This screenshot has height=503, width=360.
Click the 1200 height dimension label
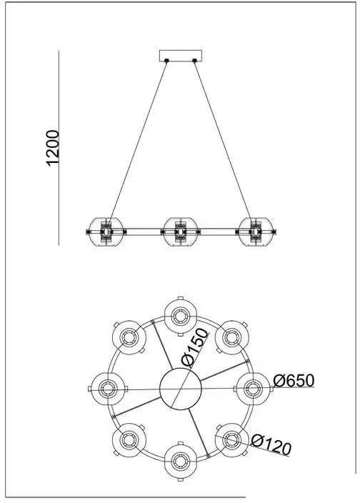(x=53, y=148)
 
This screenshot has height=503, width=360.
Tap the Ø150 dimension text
(x=194, y=347)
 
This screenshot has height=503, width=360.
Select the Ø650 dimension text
(x=294, y=381)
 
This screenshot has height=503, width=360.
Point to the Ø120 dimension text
(x=271, y=444)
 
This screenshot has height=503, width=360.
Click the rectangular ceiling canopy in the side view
(x=181, y=56)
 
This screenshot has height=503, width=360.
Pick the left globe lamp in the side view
(x=106, y=231)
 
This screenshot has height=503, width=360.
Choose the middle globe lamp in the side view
(x=181, y=231)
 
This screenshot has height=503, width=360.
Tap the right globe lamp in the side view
(x=255, y=231)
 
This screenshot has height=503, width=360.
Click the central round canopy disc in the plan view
(x=181, y=389)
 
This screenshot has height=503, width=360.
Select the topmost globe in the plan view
(x=181, y=317)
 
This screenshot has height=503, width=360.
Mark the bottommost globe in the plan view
(x=181, y=462)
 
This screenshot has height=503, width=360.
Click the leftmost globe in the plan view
(x=108, y=389)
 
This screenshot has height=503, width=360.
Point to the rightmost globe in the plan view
(x=254, y=389)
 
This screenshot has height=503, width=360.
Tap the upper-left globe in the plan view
(x=129, y=337)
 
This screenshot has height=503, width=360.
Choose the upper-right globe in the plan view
(x=231, y=337)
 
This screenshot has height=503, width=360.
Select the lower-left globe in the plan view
(x=129, y=440)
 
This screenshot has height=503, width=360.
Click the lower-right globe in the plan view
(x=231, y=440)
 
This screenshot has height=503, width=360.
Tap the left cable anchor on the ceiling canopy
(x=166, y=60)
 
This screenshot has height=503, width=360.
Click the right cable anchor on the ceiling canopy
(x=194, y=60)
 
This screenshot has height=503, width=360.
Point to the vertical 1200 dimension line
(x=59, y=148)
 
